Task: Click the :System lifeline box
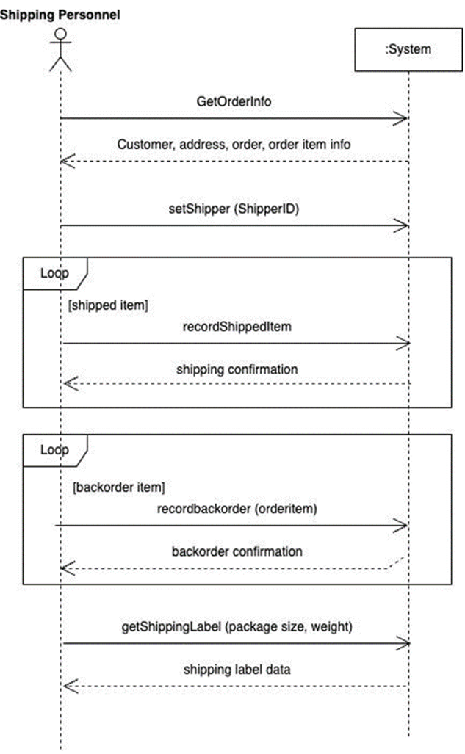click(x=408, y=50)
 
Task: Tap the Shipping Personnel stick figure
click(x=60, y=50)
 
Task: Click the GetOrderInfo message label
click(x=234, y=102)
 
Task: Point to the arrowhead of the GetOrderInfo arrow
click(x=403, y=118)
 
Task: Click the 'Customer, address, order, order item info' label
click(x=234, y=145)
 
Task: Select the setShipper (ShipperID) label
click(x=234, y=208)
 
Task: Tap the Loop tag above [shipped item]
click(x=54, y=273)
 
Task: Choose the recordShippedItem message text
click(x=237, y=327)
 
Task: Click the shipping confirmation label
click(x=237, y=369)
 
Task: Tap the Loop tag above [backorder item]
click(x=54, y=450)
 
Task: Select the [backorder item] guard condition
click(x=118, y=487)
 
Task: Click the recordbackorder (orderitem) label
click(x=237, y=508)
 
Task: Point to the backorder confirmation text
click(x=237, y=551)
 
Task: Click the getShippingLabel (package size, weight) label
click(x=237, y=627)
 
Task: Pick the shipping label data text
click(x=237, y=670)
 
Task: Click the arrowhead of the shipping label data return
click(x=67, y=686)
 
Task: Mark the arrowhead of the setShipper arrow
click(x=403, y=225)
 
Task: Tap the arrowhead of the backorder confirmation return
click(x=65, y=568)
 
